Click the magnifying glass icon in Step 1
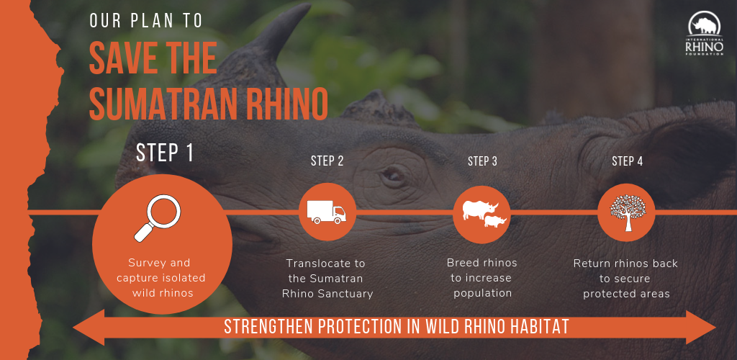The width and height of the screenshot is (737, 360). pyautogui.click(x=157, y=218)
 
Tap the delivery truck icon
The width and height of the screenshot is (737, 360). pyautogui.click(x=326, y=212)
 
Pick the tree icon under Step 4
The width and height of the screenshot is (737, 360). pyautogui.click(x=628, y=212)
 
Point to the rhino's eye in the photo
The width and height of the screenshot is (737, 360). pyautogui.click(x=391, y=175)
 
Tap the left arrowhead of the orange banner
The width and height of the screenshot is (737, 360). pyautogui.click(x=89, y=328)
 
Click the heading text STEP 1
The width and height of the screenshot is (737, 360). pyautogui.click(x=165, y=153)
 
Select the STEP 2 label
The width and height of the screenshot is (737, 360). pyautogui.click(x=327, y=161)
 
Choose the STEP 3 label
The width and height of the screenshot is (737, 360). pyautogui.click(x=482, y=161)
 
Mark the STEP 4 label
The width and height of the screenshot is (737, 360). pyautogui.click(x=627, y=161)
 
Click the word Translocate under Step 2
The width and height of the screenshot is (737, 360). pyautogui.click(x=326, y=264)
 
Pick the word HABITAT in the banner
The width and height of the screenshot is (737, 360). pyautogui.click(x=541, y=327)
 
